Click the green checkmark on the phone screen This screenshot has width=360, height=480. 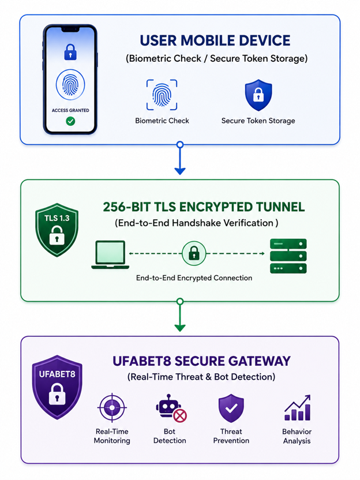[x=70, y=122]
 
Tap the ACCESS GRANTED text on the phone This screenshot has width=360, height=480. [x=70, y=110]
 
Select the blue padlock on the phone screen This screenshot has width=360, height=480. [x=70, y=52]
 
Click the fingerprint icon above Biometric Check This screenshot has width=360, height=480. [x=162, y=95]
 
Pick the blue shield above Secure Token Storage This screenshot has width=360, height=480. [x=258, y=95]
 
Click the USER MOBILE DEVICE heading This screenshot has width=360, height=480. [x=215, y=40]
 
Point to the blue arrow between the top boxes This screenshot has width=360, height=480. [x=180, y=158]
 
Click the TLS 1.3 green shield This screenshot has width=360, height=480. [x=57, y=230]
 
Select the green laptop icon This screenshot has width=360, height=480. [x=110, y=254]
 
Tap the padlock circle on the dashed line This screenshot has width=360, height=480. [x=194, y=253]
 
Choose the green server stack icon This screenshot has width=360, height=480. [x=288, y=256]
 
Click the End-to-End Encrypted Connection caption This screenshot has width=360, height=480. [x=194, y=278]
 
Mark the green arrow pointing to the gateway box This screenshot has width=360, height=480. [x=180, y=315]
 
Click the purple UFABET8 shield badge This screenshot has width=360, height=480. [x=57, y=387]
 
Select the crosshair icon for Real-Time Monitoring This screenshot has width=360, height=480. [x=112, y=408]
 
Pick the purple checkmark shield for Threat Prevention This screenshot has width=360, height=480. [x=231, y=408]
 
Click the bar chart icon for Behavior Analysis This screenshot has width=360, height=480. [x=297, y=408]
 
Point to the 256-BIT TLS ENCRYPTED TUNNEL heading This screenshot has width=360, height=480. [x=204, y=207]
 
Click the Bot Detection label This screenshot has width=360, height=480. [x=170, y=436]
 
